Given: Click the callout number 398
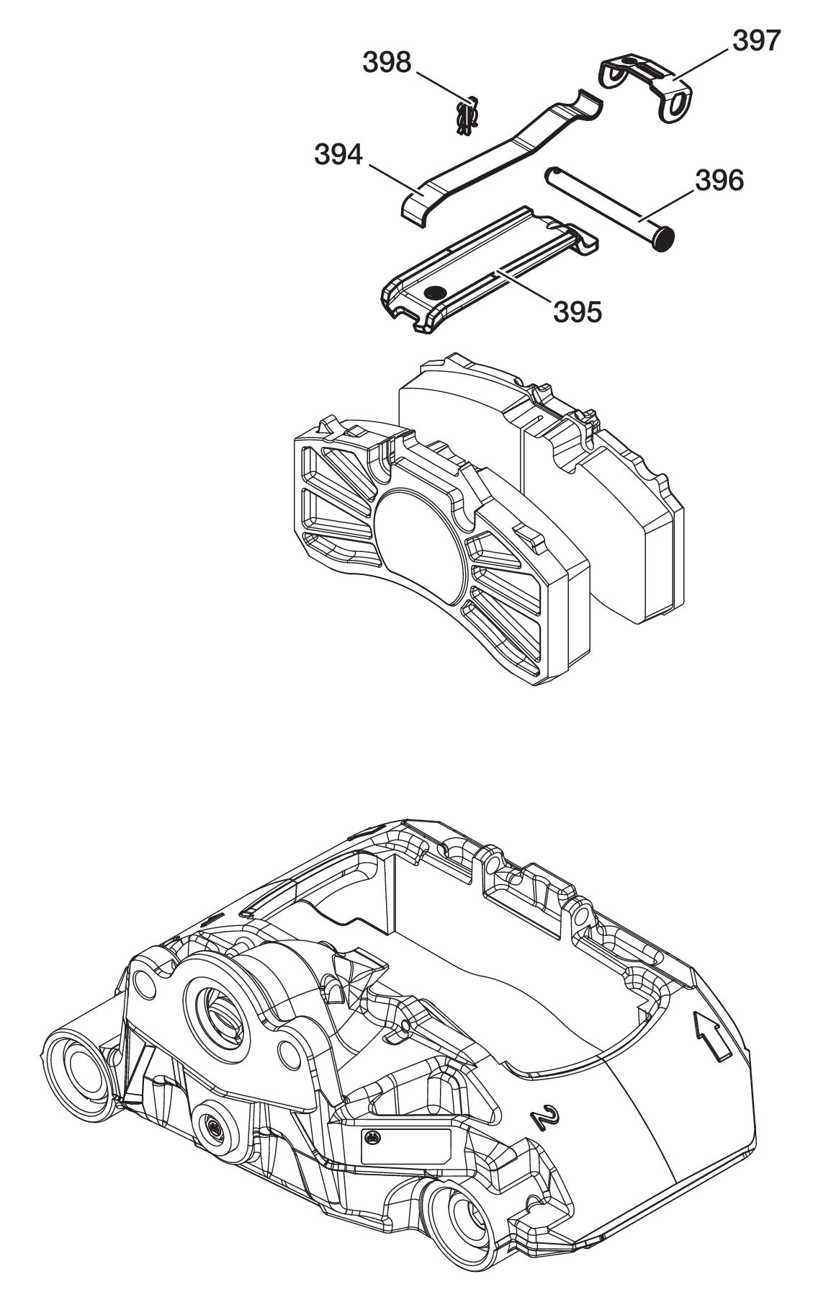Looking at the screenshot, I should pos(387,63).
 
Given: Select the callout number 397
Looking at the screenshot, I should pos(756,41).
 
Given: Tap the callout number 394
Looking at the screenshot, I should pos(338,153).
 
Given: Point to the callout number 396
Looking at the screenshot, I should pos(719,179).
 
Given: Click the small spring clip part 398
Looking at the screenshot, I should pos(468,116).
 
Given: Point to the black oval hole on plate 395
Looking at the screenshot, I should pos(436,292).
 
